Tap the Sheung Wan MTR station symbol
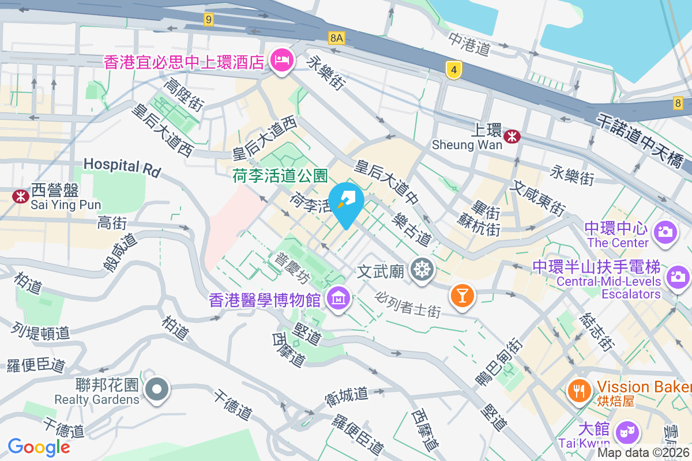[x=512, y=137]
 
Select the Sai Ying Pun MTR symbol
[x=21, y=196]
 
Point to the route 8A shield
[x=337, y=38]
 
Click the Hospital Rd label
[x=122, y=166]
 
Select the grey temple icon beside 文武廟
[x=423, y=269]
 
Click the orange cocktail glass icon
[x=461, y=295]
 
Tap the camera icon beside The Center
[x=664, y=232]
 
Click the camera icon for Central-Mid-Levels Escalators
[x=678, y=277]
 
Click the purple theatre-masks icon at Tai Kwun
[x=627, y=431]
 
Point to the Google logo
[x=39, y=447]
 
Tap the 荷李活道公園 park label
[x=280, y=175]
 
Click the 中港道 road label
[x=469, y=44]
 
